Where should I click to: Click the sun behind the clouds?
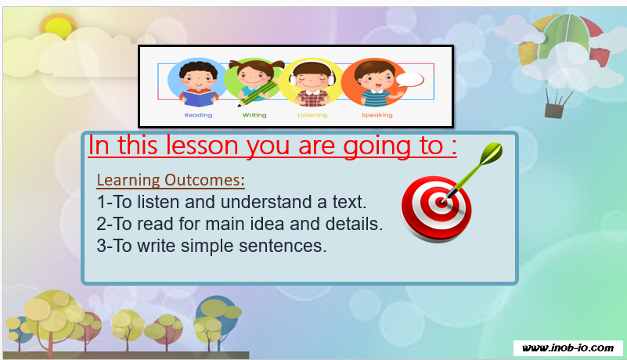pyautogui.click(x=58, y=27)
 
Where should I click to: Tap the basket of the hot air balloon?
pyautogui.click(x=554, y=111)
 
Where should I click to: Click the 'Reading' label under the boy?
pyautogui.click(x=198, y=115)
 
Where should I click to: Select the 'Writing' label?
pyautogui.click(x=254, y=115)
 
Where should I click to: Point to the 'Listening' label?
pyautogui.click(x=312, y=115)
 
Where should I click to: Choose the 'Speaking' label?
pyautogui.click(x=377, y=115)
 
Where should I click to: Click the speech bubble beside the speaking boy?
pyautogui.click(x=409, y=80)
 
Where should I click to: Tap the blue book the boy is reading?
pyautogui.click(x=199, y=98)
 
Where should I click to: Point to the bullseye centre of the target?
pyautogui.click(x=441, y=203)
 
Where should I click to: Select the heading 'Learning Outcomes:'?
pyautogui.click(x=171, y=181)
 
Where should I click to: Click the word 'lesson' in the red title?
pyautogui.click(x=202, y=146)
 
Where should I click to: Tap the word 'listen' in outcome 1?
pyautogui.click(x=158, y=202)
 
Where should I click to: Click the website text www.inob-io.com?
pyautogui.click(x=568, y=348)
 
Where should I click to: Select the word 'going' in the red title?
pyautogui.click(x=377, y=147)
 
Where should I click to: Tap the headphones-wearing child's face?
pyautogui.click(x=312, y=80)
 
